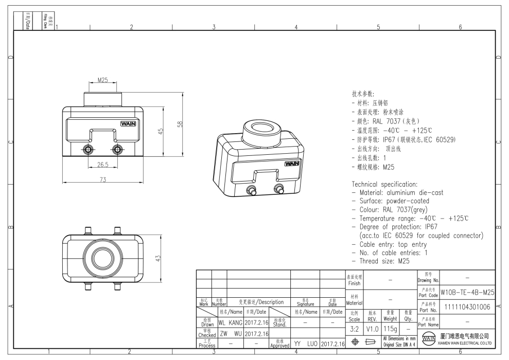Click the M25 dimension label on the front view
click(x=102, y=80)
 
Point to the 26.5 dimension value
click(x=102, y=165)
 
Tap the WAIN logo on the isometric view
click(x=292, y=164)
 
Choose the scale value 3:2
click(x=354, y=328)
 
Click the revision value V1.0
click(x=372, y=328)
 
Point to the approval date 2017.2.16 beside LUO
click(x=332, y=344)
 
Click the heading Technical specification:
click(x=384, y=184)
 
